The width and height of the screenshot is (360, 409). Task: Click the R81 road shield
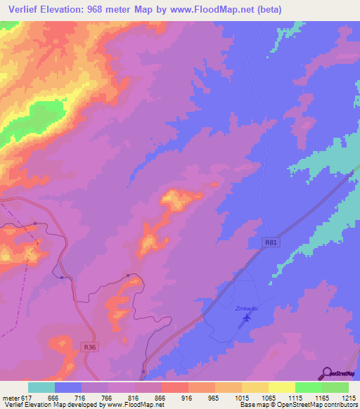click(272, 242)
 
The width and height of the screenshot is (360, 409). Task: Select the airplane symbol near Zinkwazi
click(245, 319)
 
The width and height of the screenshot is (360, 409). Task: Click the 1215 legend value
click(348, 397)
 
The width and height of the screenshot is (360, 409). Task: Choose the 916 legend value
click(188, 397)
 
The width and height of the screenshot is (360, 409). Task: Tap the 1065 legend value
click(268, 397)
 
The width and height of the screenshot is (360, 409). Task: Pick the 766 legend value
click(108, 397)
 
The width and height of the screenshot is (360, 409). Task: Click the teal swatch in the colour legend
click(41, 387)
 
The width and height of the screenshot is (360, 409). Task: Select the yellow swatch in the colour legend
click(282, 387)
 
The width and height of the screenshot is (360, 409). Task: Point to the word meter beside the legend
click(10, 397)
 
